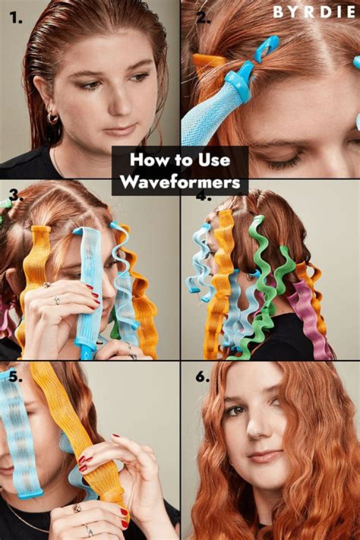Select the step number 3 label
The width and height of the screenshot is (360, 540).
tap(16, 195)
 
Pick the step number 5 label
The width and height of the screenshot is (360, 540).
tap(15, 376)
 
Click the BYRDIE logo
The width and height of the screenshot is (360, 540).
tap(313, 12)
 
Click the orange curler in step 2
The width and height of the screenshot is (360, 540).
tap(208, 61)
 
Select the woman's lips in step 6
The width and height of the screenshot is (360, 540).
tap(263, 456)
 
